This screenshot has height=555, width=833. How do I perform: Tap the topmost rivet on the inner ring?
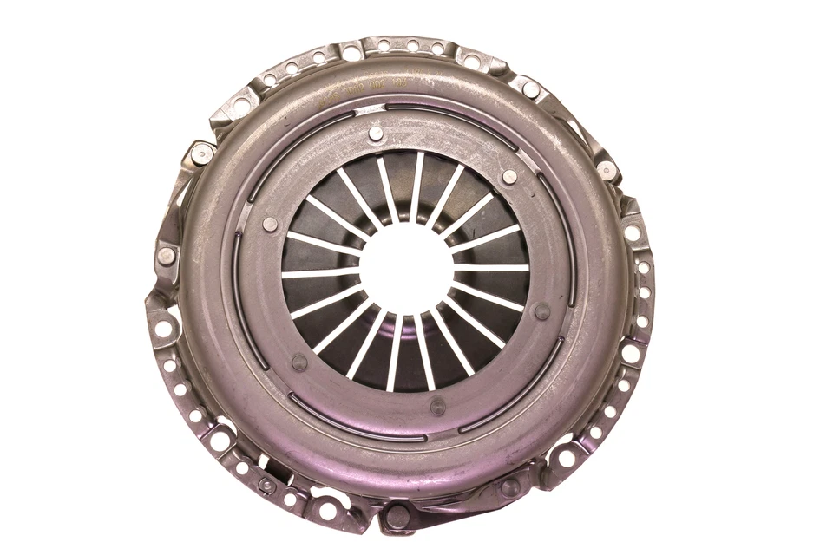pyautogui.click(x=375, y=134)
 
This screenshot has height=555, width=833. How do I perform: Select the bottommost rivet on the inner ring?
pyautogui.click(x=438, y=404)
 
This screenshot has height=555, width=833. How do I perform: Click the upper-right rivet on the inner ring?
pyautogui.click(x=509, y=176)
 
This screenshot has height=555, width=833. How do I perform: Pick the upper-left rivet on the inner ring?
pyautogui.click(x=270, y=224)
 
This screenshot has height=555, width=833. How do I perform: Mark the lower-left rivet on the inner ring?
pyautogui.click(x=299, y=362)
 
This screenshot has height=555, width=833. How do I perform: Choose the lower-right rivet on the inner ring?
pyautogui.click(x=542, y=311)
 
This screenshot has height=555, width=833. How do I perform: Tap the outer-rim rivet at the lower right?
pyautogui.click(x=510, y=486)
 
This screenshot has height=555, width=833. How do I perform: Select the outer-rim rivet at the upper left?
pyautogui.click(x=203, y=153)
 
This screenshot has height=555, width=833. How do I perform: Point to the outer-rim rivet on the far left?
pyautogui.click(x=166, y=256)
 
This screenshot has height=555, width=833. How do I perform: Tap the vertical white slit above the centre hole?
pyautogui.click(x=417, y=186)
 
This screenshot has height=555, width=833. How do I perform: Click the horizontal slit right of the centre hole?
pyautogui.click(x=491, y=267)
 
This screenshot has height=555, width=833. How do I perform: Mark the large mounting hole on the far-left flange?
pyautogui.click(x=162, y=328)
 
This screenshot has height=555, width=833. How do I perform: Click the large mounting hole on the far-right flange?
pyautogui.click(x=633, y=233)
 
